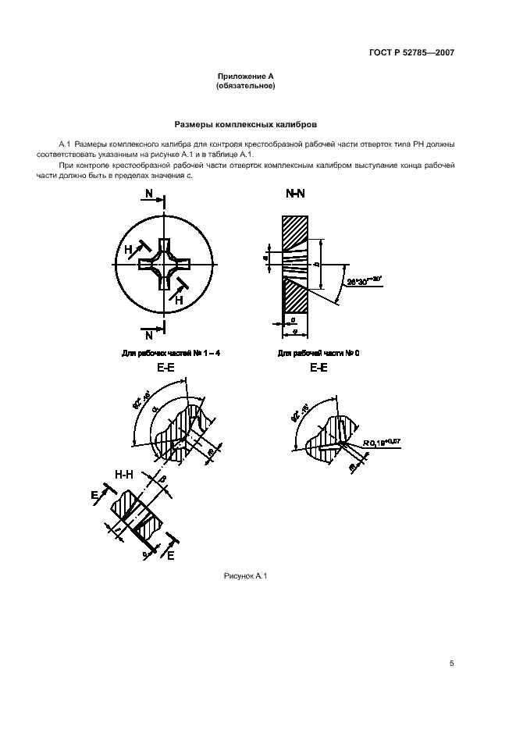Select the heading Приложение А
[x=245, y=76]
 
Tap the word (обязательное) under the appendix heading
[x=245, y=85]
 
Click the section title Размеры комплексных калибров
[x=245, y=124]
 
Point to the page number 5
[x=451, y=664]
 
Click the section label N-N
[x=296, y=193]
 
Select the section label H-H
[x=125, y=474]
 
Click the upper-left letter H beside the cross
[x=128, y=249]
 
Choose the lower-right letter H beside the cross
[x=179, y=299]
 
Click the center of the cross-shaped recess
[x=164, y=266]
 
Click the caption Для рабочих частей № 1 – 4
[x=171, y=354]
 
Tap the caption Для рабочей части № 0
[x=318, y=354]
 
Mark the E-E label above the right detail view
[x=318, y=367]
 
